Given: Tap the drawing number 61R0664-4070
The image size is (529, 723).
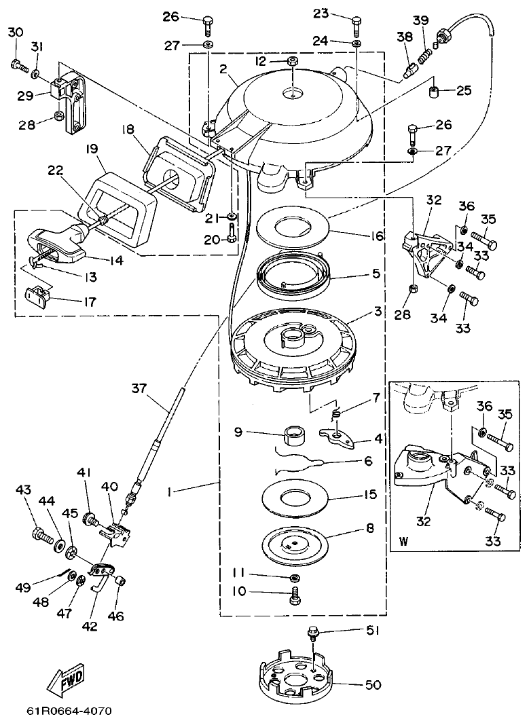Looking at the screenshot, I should coord(69,711).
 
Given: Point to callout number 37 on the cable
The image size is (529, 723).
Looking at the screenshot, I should coord(139,388).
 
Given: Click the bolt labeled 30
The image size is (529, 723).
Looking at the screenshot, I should coord(17,66).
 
